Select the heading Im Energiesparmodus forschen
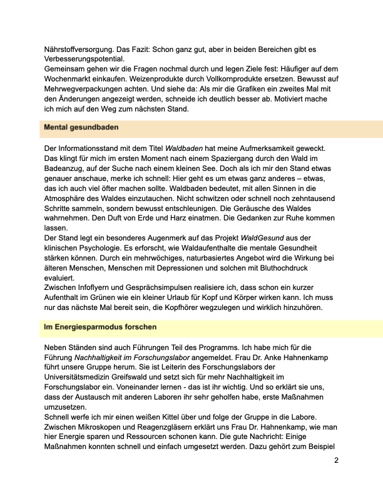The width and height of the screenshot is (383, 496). point(100,327)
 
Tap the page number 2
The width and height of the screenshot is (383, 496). point(336,460)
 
